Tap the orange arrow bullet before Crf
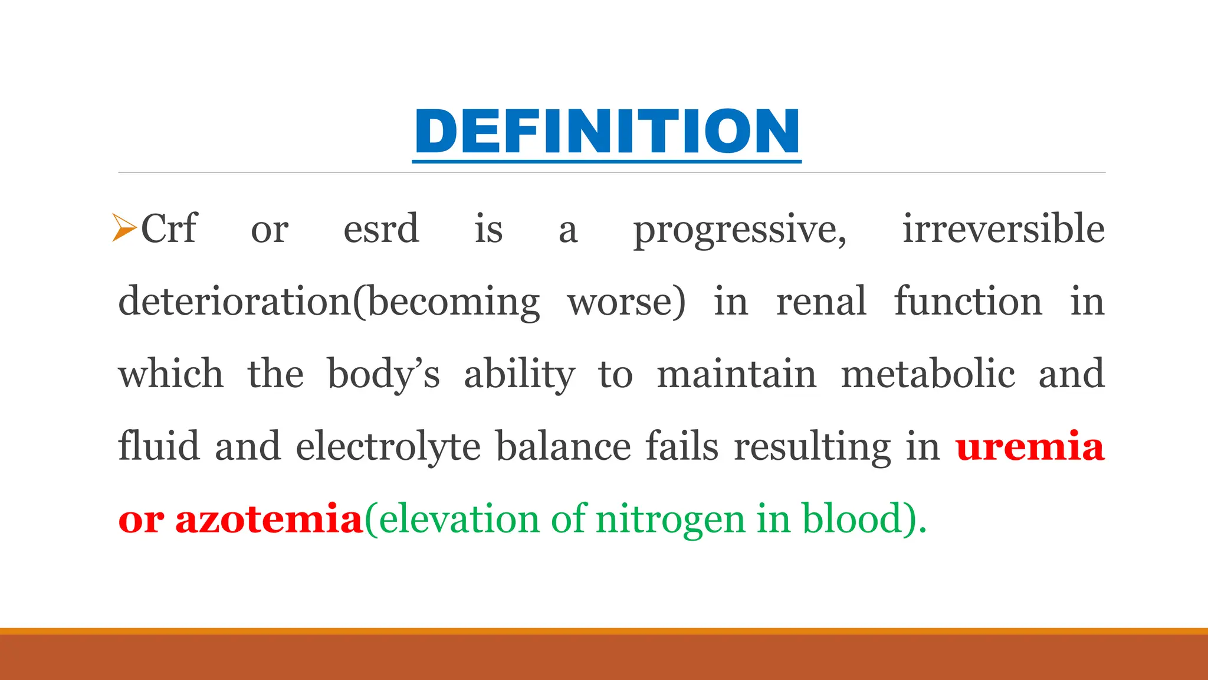point(124,228)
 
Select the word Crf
point(169,229)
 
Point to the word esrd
point(381,229)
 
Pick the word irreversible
point(1003,229)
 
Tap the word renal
point(821,301)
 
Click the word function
point(968,301)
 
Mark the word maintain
point(737,374)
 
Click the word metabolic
point(928,374)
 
